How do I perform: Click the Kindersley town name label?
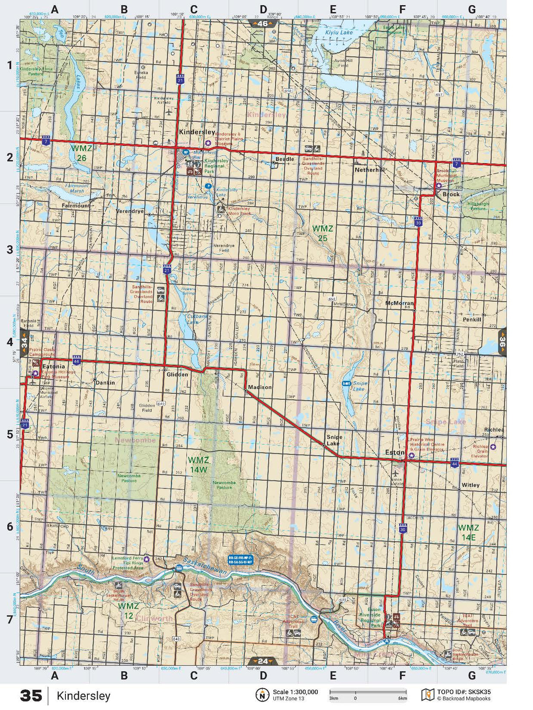[197, 132]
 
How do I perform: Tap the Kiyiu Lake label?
[339, 32]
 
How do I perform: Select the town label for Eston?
[394, 452]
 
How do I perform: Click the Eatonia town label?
[53, 366]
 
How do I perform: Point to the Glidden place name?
[177, 374]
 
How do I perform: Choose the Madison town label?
[259, 387]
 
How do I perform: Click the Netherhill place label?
[369, 169]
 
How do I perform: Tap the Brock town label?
[451, 194]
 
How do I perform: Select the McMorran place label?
[399, 303]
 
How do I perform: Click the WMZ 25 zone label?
[322, 233]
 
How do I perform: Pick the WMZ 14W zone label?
[198, 464]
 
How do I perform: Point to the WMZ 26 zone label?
[81, 153]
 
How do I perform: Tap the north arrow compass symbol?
[262, 695]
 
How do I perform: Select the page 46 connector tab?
[262, 23]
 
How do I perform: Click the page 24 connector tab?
[263, 661]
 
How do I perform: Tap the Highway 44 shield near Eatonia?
[77, 361]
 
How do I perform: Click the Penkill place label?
[472, 319]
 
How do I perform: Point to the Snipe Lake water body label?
[359, 386]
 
